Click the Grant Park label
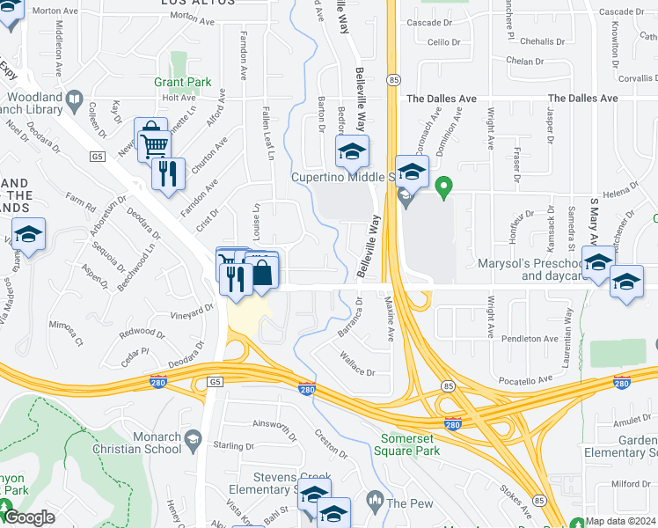183,83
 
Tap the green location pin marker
444,187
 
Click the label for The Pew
410,503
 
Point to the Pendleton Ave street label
530,339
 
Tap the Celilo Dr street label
444,42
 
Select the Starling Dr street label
233,446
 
